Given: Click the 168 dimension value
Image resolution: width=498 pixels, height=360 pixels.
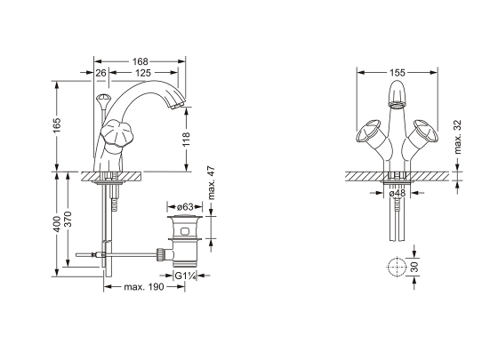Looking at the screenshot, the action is click(141, 61).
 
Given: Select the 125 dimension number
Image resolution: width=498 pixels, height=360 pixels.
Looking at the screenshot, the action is click(143, 73).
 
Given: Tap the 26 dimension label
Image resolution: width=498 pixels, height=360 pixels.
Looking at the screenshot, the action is click(100, 73).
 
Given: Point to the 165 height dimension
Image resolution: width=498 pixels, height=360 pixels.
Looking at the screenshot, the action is click(57, 125).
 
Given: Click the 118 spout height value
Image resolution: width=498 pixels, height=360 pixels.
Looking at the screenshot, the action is click(186, 140).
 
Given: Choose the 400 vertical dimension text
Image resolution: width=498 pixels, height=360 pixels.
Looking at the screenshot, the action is click(57, 224).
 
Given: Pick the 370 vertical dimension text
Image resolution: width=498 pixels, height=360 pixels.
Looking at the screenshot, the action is click(68, 219).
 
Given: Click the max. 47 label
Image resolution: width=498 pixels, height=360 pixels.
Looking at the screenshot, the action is click(212, 183).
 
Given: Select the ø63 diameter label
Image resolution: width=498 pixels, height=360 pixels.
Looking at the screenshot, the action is click(185, 207).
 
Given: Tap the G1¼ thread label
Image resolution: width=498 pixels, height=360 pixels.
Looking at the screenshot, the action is click(185, 276).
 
